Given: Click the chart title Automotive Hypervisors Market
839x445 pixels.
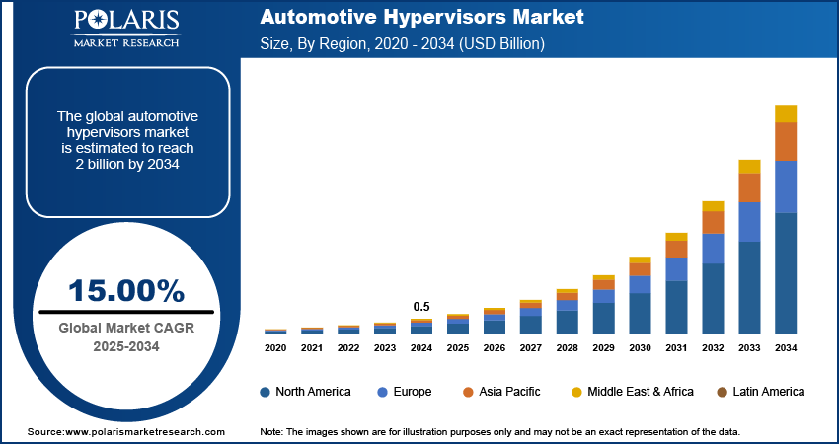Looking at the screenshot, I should click(421, 18).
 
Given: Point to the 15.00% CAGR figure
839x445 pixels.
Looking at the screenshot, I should click(126, 290).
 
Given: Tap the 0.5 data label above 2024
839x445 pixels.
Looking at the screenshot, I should click(421, 306).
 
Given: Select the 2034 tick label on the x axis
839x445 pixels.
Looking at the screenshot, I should click(785, 347).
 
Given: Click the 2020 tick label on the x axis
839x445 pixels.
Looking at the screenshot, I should click(275, 347).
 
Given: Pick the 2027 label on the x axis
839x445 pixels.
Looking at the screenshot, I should click(530, 347).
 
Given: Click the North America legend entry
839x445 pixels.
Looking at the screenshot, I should click(305, 392).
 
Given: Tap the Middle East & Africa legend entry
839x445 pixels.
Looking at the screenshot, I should click(631, 392).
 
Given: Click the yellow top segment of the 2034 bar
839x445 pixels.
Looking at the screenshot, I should click(786, 113).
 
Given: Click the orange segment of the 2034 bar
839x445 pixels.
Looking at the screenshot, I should click(786, 141).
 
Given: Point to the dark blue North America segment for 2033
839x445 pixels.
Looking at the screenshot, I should click(749, 287).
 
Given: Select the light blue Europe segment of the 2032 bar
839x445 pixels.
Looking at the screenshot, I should click(713, 249).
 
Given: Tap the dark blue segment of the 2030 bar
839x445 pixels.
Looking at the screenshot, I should click(640, 313).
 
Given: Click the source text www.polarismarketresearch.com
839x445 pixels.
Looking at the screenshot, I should click(125, 432).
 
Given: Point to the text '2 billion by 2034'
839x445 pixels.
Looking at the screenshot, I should click(126, 164).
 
